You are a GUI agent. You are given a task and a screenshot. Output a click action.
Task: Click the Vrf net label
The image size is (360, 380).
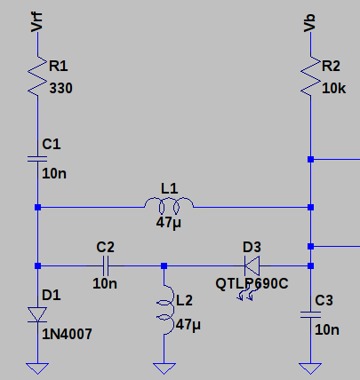pyautogui.click(x=37, y=22)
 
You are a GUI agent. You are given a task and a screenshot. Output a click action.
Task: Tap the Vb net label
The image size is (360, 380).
pyautogui.click(x=309, y=23)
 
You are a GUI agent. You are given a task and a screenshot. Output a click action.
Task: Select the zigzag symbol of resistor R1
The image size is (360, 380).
pyautogui.click(x=37, y=76)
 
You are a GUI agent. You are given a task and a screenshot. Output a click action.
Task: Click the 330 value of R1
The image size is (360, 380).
pyautogui.click(x=60, y=89)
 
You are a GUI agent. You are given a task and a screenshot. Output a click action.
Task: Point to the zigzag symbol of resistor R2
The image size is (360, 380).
pyautogui.click(x=310, y=76)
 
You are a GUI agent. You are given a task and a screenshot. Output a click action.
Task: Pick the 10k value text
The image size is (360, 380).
pyautogui.click(x=333, y=89)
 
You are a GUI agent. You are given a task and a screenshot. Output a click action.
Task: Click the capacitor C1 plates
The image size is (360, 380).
pyautogui.click(x=37, y=159)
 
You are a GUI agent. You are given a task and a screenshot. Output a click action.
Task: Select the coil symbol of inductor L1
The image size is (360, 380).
pyautogui.click(x=169, y=205)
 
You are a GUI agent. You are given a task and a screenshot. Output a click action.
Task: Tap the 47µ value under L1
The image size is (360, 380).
pyautogui.click(x=169, y=223)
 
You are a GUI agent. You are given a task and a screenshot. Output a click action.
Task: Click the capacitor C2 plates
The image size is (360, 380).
pyautogui.click(x=106, y=265)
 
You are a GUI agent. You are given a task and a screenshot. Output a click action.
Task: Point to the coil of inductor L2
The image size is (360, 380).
pyautogui.click(x=166, y=310)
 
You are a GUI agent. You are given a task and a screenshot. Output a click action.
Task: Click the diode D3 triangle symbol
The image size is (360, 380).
pyautogui.click(x=252, y=265)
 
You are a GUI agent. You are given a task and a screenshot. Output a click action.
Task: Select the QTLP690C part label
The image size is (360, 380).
pyautogui.click(x=252, y=284)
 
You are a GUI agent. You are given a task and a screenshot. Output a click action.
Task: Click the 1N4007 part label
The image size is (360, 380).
pyautogui.click(x=67, y=335)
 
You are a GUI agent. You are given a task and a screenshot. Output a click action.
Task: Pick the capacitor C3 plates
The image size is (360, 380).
pyautogui.click(x=310, y=315)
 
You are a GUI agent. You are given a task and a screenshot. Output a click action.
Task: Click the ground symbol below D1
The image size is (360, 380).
pyautogui.click(x=37, y=368)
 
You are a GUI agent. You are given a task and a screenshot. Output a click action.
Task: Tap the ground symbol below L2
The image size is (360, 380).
pyautogui.click(x=164, y=368)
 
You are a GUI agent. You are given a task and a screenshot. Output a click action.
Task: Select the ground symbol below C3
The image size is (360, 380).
pyautogui.click(x=310, y=368)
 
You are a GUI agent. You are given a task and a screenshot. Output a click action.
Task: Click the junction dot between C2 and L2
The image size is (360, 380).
pyautogui.click(x=164, y=265)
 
